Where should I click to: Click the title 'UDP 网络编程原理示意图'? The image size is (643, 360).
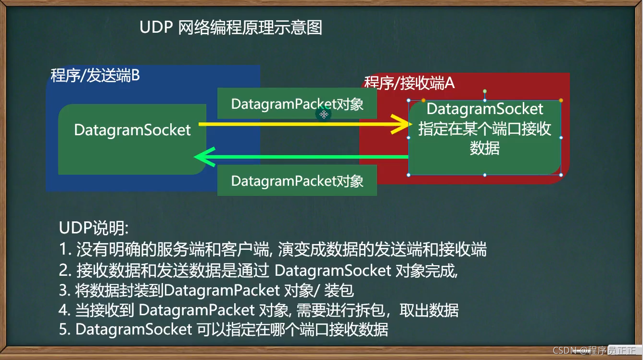(x=231, y=27)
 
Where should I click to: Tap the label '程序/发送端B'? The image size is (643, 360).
(x=95, y=76)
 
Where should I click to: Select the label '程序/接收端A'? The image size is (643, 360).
(x=409, y=83)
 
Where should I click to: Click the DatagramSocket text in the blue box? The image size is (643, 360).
(x=132, y=130)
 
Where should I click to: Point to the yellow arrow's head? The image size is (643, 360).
(x=404, y=125)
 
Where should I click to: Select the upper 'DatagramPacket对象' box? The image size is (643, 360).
(x=297, y=104)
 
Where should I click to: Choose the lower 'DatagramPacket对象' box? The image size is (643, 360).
(x=297, y=181)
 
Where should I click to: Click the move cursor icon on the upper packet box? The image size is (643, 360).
(x=324, y=115)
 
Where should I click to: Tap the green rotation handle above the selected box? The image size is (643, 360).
(x=485, y=91)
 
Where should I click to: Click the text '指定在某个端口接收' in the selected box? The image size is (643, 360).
(x=485, y=129)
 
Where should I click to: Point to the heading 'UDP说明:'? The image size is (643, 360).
(x=94, y=228)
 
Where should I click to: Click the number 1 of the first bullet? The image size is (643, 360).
(x=63, y=249)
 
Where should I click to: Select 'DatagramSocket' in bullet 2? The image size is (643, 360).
(x=332, y=270)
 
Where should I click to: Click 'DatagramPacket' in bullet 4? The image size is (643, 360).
(x=197, y=310)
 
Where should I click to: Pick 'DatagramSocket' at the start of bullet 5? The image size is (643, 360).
(x=134, y=330)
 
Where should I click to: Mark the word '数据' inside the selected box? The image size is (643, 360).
(x=485, y=149)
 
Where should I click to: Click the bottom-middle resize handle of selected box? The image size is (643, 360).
(x=485, y=175)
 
